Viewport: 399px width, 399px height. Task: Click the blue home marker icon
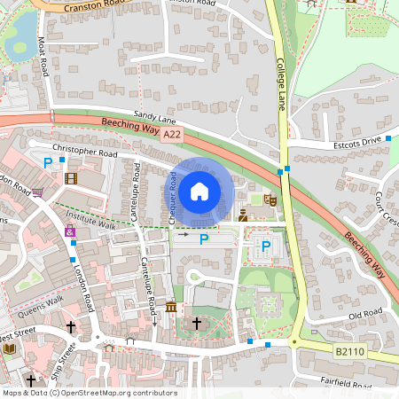coord(199,191)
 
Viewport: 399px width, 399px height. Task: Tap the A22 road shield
coord(173,134)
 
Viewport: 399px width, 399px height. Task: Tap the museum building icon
coord(170,307)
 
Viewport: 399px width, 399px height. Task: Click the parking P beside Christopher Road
coord(48,162)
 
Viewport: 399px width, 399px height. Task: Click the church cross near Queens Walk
coord(71,327)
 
